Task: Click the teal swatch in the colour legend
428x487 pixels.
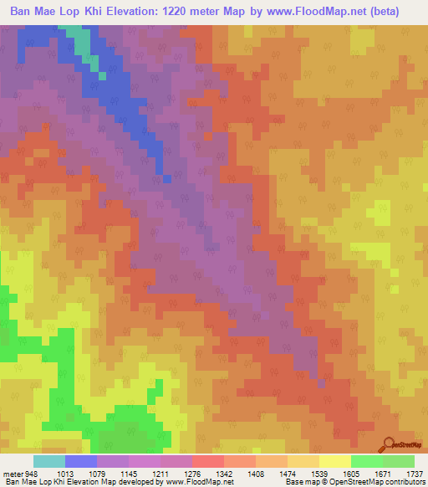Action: coord(49,461)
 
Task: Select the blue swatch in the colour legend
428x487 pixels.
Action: coord(81,461)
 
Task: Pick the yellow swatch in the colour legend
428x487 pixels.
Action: coord(334,461)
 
